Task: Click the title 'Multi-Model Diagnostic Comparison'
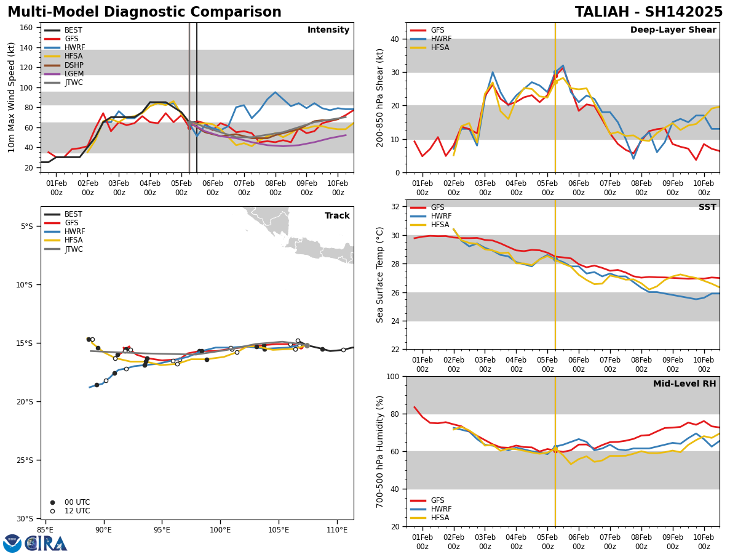[x=145, y=12]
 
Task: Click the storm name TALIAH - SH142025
[x=649, y=12]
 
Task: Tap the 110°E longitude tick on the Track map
[x=337, y=529]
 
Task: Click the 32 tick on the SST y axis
[x=396, y=207]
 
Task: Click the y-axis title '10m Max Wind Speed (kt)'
[x=12, y=97]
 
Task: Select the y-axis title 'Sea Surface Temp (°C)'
[x=380, y=275]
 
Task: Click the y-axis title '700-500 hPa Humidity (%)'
[x=380, y=451]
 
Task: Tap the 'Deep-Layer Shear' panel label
[x=673, y=30]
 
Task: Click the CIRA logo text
[x=46, y=544]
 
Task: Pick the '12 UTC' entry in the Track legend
[x=77, y=511]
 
